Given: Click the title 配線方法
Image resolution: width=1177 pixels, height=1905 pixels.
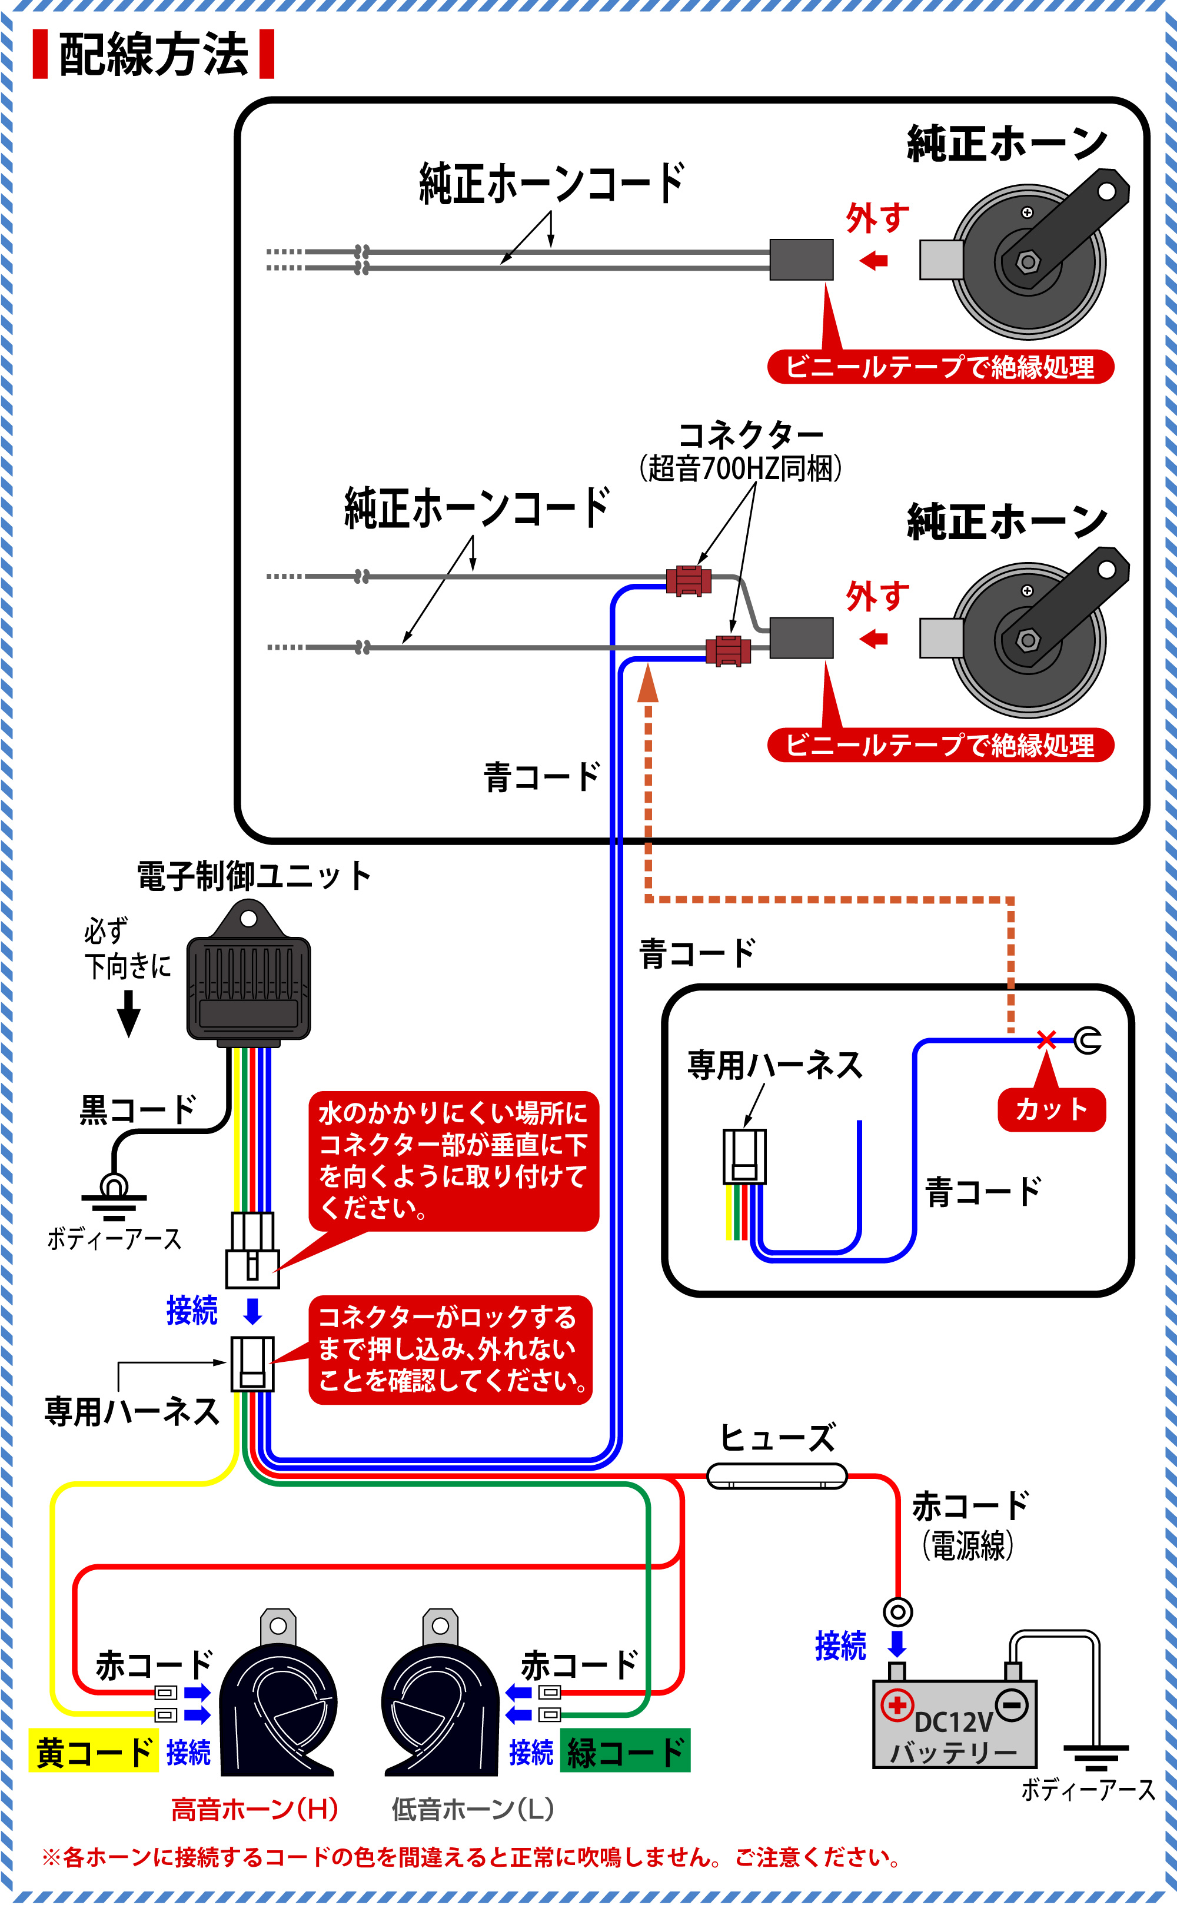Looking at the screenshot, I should [x=154, y=55].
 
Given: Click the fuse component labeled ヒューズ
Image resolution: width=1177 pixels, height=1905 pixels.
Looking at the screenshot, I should [x=776, y=1475].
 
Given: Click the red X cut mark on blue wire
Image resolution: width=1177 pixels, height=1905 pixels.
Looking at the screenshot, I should [x=1046, y=1039].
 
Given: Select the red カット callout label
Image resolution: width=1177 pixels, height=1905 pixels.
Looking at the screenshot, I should [x=1051, y=1109].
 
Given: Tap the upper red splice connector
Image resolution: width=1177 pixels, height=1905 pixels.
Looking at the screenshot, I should [x=688, y=581].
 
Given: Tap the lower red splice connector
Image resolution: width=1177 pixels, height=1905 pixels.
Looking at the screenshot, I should [x=728, y=651].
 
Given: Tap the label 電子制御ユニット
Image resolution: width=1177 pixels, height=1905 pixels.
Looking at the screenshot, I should [x=254, y=876].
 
